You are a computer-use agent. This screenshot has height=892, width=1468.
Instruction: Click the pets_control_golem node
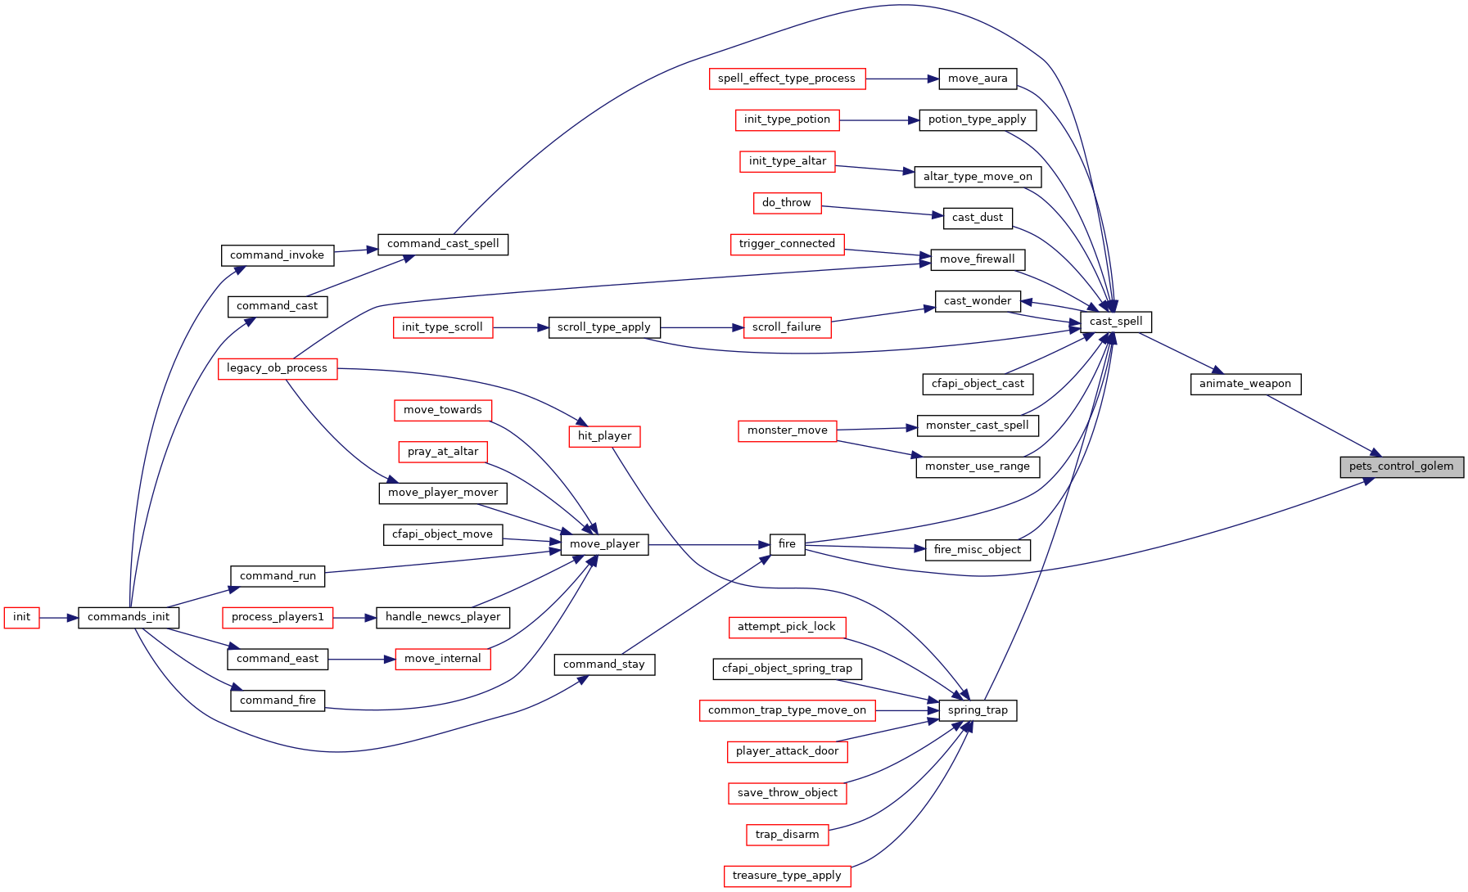coord(1402,466)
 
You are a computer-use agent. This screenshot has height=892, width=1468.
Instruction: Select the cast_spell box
coord(1116,322)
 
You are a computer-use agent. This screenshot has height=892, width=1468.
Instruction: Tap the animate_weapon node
coord(1245,384)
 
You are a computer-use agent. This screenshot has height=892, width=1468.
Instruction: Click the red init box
coord(22,617)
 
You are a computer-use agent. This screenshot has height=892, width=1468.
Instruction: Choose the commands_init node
coord(129,617)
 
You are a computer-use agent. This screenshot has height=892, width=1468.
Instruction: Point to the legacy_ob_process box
coord(278,368)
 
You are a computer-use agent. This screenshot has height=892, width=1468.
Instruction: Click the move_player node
coord(605,544)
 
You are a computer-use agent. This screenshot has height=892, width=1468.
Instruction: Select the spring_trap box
coord(978,710)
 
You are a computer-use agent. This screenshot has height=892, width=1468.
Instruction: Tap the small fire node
coord(788,544)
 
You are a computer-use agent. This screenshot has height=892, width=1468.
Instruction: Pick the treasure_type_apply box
coord(788,876)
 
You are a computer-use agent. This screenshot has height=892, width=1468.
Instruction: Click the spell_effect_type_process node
coord(787,79)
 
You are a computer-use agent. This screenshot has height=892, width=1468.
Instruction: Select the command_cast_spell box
coord(443,244)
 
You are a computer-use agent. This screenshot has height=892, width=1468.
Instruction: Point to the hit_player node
coord(605,436)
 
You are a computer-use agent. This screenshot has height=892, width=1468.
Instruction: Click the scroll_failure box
coord(787,327)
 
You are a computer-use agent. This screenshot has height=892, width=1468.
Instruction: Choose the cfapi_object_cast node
coord(978,384)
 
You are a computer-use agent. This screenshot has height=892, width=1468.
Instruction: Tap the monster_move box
coord(788,430)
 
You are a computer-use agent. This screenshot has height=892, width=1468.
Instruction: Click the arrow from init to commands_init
coord(59,618)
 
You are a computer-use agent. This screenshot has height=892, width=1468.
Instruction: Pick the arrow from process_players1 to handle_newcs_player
coord(355,618)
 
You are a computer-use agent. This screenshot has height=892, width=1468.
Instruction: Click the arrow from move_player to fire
coord(709,545)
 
